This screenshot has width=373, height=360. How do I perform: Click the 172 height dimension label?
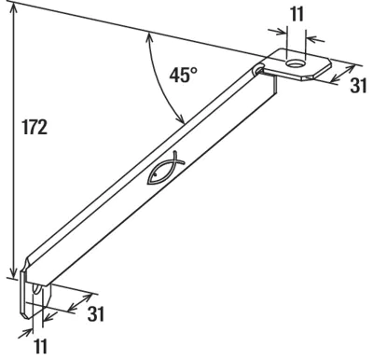35,128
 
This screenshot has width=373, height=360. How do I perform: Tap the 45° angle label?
184,75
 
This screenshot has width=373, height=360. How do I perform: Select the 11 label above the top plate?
297,14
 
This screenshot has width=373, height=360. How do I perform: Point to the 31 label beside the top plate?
359,86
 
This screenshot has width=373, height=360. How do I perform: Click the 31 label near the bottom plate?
96,313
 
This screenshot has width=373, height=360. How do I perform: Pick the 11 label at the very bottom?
40,346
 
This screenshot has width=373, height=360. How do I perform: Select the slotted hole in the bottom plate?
36,289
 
